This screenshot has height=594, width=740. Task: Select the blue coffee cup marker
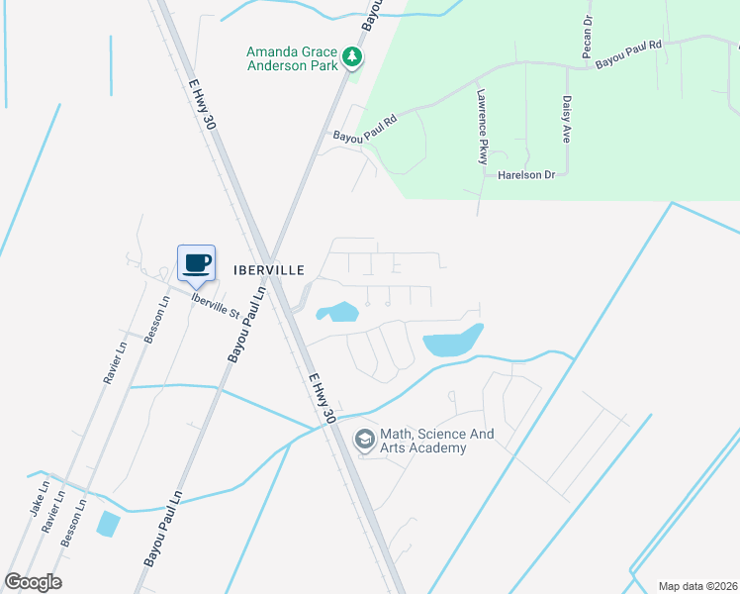pyautogui.click(x=195, y=264)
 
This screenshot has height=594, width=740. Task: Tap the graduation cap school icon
pyautogui.click(x=365, y=438)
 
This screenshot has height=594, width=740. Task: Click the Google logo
pyautogui.click(x=33, y=582)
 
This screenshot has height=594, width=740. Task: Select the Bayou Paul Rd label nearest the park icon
pyautogui.click(x=364, y=128)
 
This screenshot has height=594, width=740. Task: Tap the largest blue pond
pyautogui.click(x=453, y=342)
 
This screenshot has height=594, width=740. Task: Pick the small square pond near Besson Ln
pyautogui.click(x=108, y=524)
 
